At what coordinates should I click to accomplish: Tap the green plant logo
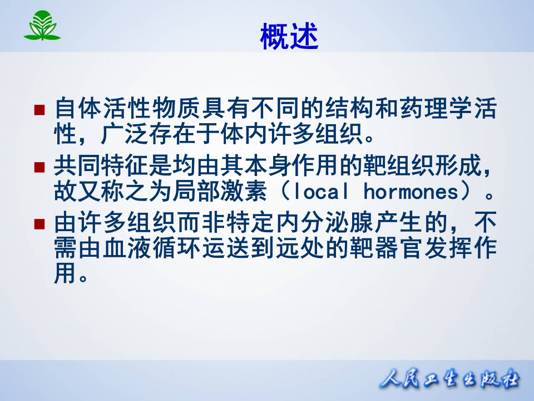(42, 26)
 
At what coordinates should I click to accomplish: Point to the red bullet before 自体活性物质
(39, 109)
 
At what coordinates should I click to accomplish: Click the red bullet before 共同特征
(39, 167)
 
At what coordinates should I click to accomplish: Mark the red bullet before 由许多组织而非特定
(39, 224)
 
